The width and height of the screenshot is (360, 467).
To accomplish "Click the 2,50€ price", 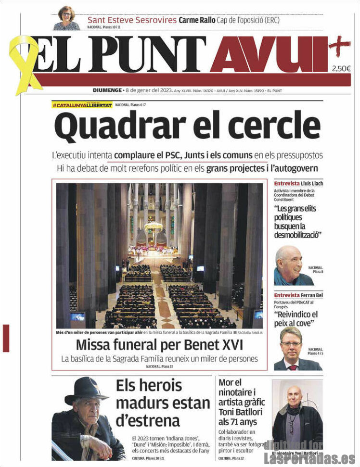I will tap(341, 68).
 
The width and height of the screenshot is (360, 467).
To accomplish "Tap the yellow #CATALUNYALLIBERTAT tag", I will tap(82, 105).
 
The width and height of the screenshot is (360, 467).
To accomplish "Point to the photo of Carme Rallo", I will tap(67, 18).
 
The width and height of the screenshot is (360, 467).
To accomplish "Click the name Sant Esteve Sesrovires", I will tap(131, 20).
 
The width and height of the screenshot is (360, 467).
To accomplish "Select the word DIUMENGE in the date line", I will tap(107, 90).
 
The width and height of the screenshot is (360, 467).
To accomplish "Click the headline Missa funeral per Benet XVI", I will tap(159, 345).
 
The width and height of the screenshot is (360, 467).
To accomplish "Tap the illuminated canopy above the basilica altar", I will tap(154, 226).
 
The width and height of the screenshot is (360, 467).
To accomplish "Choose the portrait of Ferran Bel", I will tap(292, 348).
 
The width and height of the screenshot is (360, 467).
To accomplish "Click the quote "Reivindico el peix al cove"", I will tap(296, 319).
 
